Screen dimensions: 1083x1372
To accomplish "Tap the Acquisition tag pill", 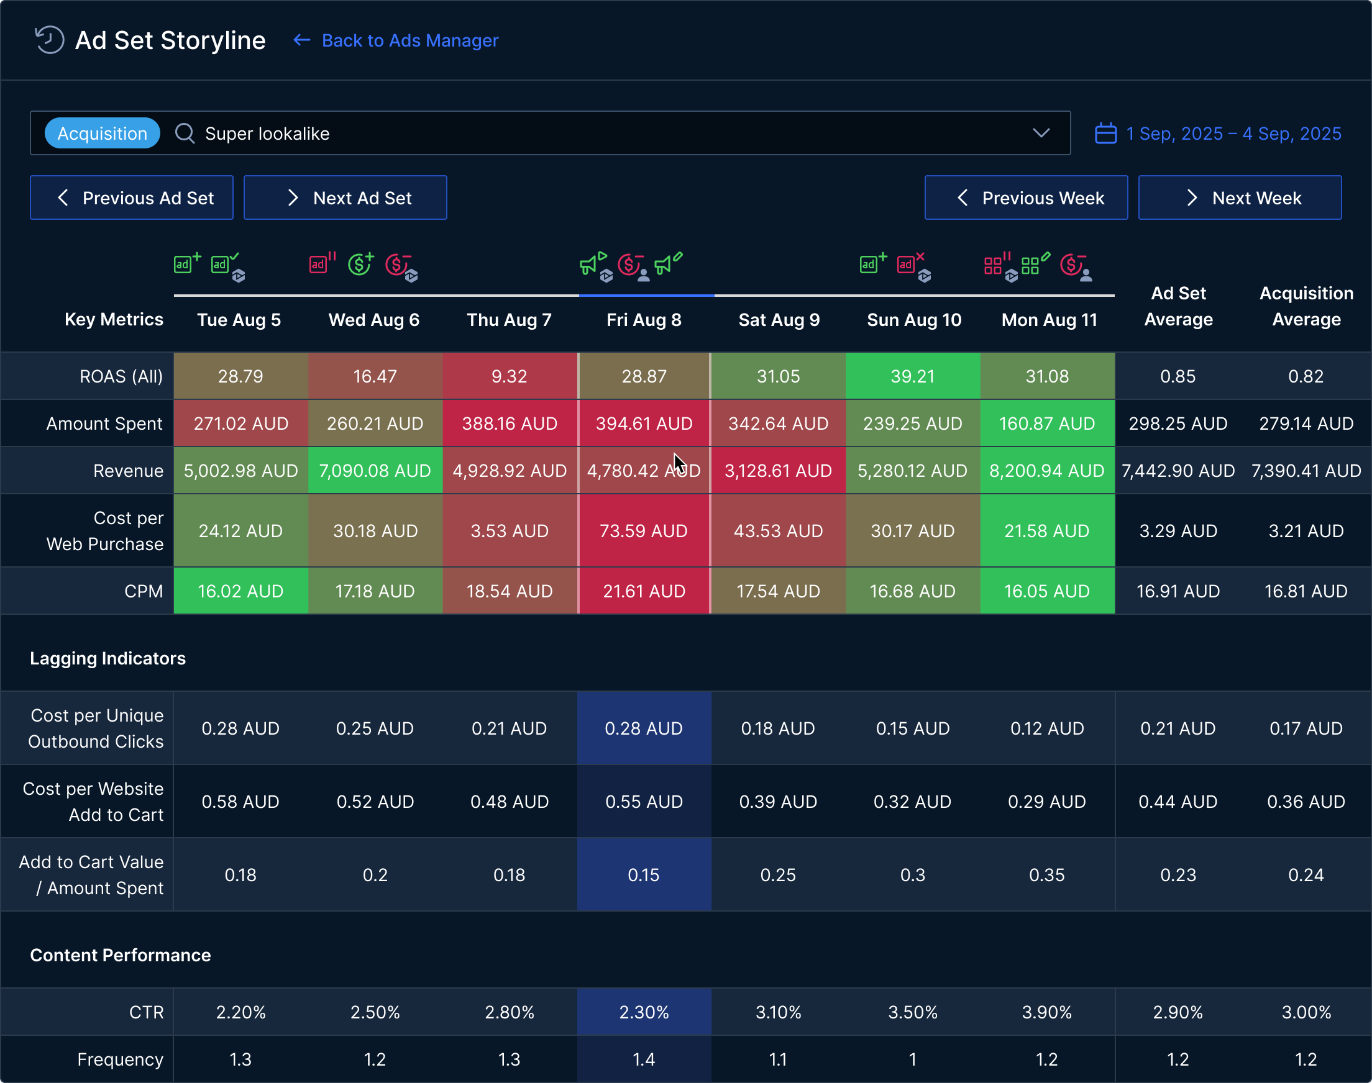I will coord(102,133).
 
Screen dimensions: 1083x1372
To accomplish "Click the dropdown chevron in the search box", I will coord(1041,133).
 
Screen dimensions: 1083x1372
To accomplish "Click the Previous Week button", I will coord(1026,198).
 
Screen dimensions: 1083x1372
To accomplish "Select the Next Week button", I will coord(1240,198).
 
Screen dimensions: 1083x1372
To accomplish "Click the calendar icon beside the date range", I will coord(1105,133).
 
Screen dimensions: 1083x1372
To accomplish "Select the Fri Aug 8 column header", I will coord(644,320).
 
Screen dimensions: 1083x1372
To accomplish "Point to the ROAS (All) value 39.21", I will coord(912,376).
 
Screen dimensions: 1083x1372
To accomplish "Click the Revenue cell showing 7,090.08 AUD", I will coord(375,471).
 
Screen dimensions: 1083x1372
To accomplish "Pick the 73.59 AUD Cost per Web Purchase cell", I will coord(644,531).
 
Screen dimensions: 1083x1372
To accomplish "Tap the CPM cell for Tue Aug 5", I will coord(240,591).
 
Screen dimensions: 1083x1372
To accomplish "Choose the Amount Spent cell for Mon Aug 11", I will coord(1046,424).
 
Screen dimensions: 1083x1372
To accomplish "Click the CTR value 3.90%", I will coord(1046,1012).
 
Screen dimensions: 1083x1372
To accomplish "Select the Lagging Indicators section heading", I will coord(108,658).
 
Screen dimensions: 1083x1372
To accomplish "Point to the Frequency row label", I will coord(120,1059).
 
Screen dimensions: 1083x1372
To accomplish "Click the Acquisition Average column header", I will coord(1306,306).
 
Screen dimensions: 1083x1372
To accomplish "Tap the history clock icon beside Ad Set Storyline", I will coord(50,40).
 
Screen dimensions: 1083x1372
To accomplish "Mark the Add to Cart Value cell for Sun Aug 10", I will coord(912,875).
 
